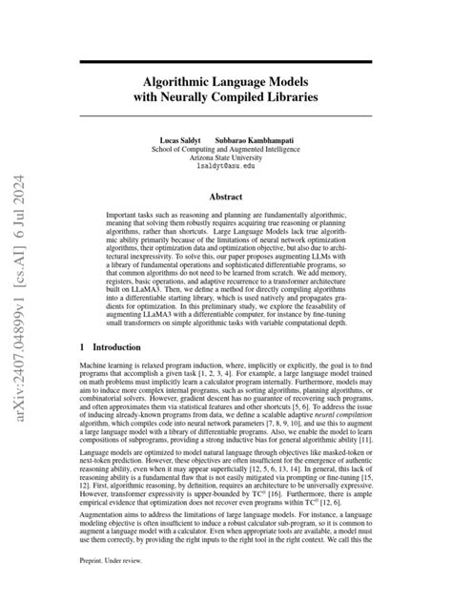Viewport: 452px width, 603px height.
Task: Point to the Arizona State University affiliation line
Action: click(x=225, y=157)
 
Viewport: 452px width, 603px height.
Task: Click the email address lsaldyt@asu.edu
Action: click(x=225, y=166)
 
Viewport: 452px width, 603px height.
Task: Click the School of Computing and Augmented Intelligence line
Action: click(x=225, y=149)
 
